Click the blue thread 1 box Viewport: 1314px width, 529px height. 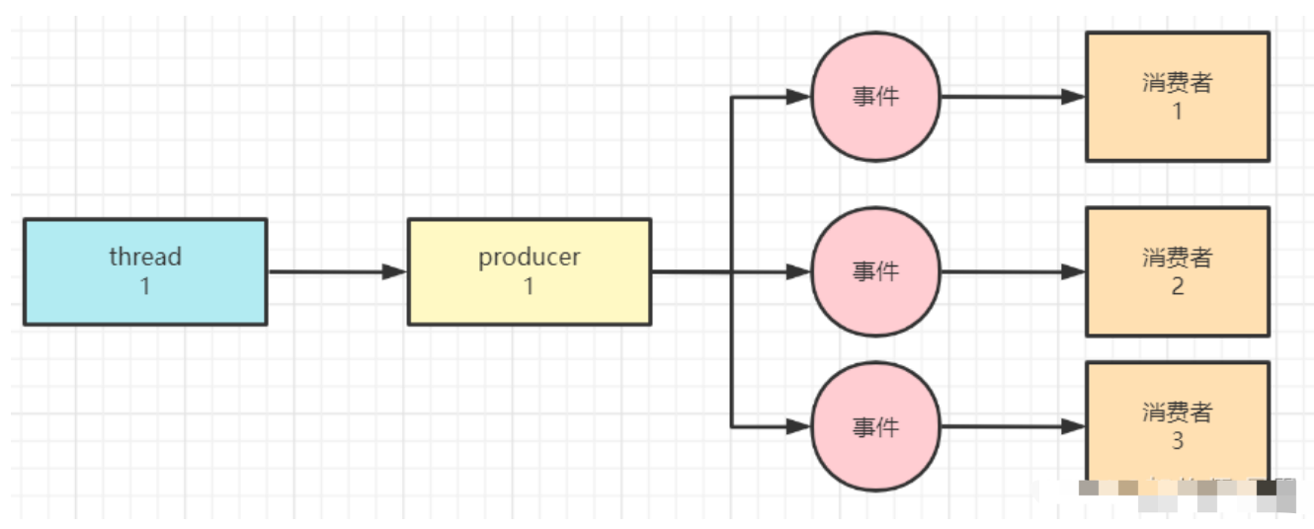(x=145, y=271)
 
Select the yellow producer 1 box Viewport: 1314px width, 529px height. (x=530, y=271)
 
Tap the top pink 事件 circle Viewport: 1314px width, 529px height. (x=875, y=97)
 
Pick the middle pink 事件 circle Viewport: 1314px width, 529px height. (x=875, y=271)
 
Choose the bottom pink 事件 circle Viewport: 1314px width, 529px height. (x=875, y=426)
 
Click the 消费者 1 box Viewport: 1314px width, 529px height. (x=1177, y=97)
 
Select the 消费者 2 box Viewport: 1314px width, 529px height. (x=1177, y=271)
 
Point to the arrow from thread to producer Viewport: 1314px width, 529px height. (x=336, y=271)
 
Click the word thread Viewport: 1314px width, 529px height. (x=145, y=257)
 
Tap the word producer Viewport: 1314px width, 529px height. (x=530, y=257)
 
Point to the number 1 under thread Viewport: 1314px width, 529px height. (x=145, y=286)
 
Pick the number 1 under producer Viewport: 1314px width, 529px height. (x=530, y=286)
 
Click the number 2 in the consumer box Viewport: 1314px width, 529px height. (x=1177, y=286)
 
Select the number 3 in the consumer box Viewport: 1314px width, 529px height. (x=1177, y=440)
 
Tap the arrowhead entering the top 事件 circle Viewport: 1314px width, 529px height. (x=799, y=97)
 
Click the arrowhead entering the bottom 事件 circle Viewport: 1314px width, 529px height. (x=799, y=426)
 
